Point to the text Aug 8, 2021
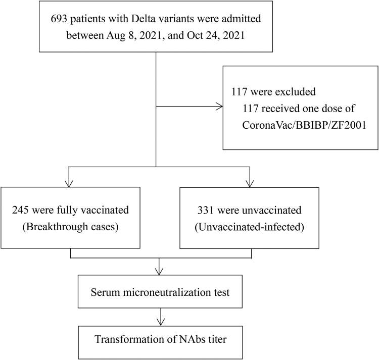pos(134,36)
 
